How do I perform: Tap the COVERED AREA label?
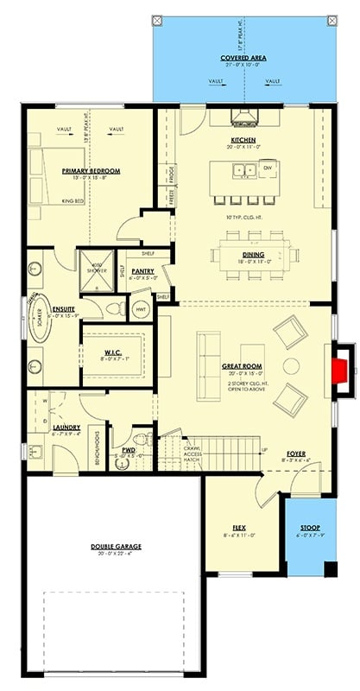pos(243,58)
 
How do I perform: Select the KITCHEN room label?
pos(243,140)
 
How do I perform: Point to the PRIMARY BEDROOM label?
pos(91,171)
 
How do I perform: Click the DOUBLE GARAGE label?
pos(116,547)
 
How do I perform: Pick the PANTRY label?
pos(143,271)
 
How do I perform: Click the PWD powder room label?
pos(129,450)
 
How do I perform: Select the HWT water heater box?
pos(140,308)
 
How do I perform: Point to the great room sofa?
pos(208,355)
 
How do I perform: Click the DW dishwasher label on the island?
pos(268,167)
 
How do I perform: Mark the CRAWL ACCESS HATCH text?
pos(191,452)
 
